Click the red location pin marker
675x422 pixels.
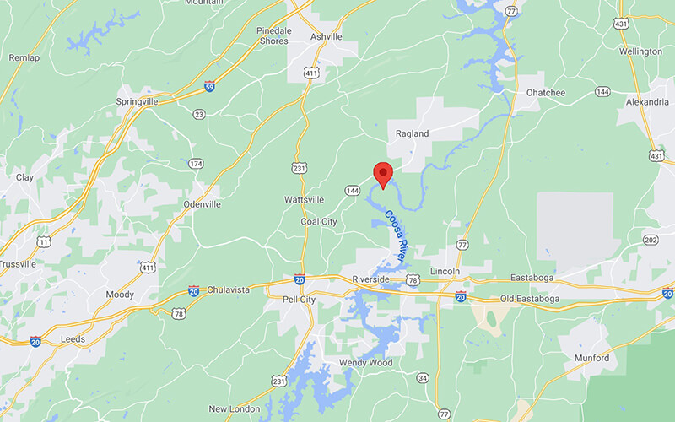pos(383,174)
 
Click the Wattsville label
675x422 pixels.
pos(305,199)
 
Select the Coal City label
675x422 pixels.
pos(319,222)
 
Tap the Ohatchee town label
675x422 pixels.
pos(545,92)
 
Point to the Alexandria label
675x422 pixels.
pos(646,102)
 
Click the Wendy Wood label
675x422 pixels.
pos(365,363)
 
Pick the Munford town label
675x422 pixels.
pos(591,358)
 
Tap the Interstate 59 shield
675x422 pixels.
pos(208,86)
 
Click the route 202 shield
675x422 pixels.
pos(650,240)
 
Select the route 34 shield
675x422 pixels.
pos(423,377)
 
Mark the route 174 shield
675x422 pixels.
pos(196,163)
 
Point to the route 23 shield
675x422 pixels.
pos(199,114)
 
